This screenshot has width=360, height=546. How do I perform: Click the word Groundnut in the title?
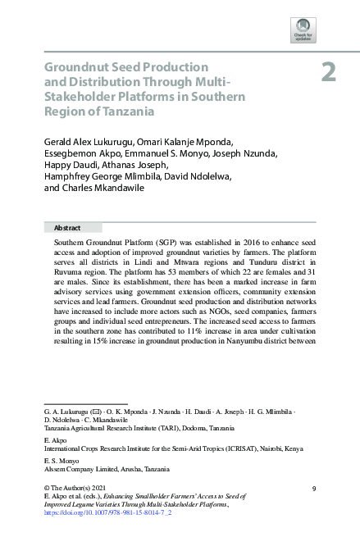tap(76, 66)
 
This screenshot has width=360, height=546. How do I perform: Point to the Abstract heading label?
tap(67, 227)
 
